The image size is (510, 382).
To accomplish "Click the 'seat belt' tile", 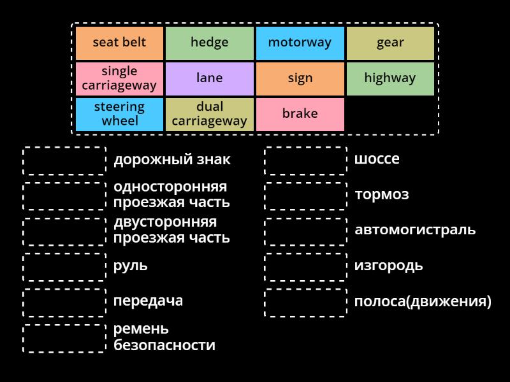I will [x=120, y=43].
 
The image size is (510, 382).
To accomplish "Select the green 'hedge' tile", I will [x=210, y=43].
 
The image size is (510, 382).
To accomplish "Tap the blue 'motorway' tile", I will [x=300, y=43].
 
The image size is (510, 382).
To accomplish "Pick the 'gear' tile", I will [x=390, y=43].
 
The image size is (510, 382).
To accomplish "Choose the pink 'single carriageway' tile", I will [x=120, y=79].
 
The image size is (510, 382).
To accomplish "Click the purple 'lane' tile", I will [x=210, y=79].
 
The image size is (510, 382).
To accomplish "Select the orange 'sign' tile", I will [x=300, y=79].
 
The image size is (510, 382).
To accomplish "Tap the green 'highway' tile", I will [x=390, y=79].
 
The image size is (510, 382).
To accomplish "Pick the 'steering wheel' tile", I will [x=120, y=114].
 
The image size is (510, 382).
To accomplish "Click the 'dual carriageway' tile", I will [x=210, y=114].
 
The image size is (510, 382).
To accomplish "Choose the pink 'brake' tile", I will [x=300, y=114].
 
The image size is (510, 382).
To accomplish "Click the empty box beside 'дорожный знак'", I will [x=64, y=160].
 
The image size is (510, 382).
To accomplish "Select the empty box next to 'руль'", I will [x=64, y=267].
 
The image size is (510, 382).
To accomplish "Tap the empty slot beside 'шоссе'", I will [x=306, y=160].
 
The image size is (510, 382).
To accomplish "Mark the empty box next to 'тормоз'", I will [x=306, y=196].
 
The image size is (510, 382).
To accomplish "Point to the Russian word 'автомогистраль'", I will [x=415, y=230].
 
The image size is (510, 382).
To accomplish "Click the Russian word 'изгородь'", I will [x=388, y=265].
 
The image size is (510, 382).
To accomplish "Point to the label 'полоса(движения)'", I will [x=423, y=301].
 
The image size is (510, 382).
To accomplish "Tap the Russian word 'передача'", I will [x=148, y=301].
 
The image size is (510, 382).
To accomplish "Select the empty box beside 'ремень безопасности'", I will [x=64, y=338].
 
